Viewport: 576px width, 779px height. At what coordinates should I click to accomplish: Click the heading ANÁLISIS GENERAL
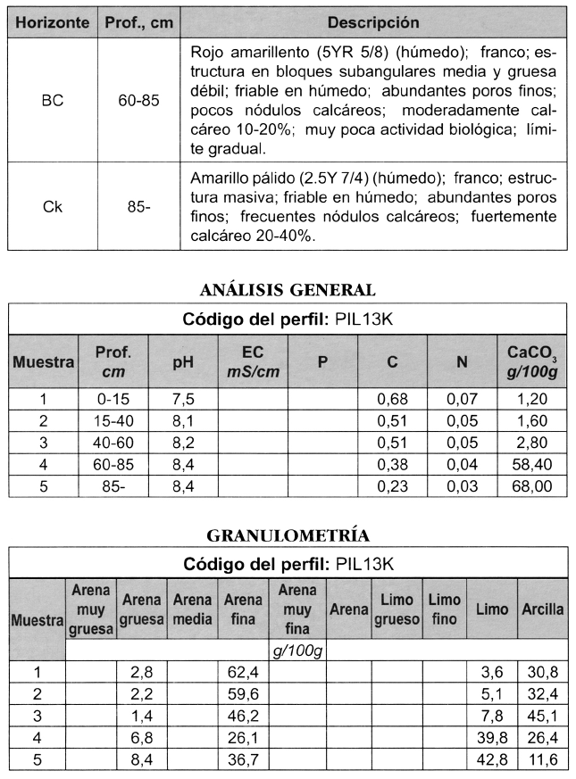(288, 289)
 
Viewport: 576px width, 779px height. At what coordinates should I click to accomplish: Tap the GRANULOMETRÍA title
(288, 535)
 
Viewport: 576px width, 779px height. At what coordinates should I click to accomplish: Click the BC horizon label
(53, 100)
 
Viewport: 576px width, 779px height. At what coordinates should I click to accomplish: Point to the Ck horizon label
(53, 207)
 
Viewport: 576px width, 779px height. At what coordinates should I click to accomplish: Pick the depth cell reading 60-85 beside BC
(138, 100)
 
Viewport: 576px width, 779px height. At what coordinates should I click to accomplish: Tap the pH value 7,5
(182, 399)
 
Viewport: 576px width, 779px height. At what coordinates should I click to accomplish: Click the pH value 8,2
(182, 443)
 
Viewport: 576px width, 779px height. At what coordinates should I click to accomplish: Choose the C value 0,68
(392, 399)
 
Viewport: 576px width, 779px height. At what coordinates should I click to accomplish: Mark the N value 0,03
(462, 486)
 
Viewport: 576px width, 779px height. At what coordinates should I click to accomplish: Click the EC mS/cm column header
(252, 361)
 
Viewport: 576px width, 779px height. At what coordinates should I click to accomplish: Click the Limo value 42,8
(492, 759)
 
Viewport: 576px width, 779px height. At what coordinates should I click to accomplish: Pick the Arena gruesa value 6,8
(143, 738)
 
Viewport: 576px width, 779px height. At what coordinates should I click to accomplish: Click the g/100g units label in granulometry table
(297, 651)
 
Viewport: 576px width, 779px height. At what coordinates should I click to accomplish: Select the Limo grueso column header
(397, 609)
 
